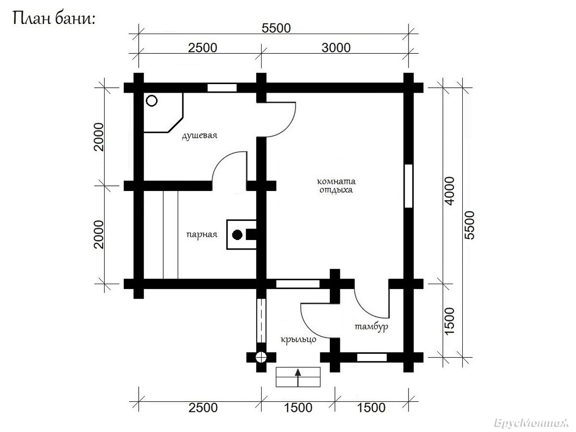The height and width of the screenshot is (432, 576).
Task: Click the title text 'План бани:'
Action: pos(54,19)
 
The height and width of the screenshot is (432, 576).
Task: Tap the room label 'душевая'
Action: pos(200,136)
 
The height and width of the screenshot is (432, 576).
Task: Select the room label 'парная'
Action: pos(202,234)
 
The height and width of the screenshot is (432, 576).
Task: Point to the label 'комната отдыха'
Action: pos(336,185)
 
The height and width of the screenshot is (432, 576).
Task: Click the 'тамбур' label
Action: pos(372,326)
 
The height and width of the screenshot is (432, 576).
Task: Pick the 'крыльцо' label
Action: pos(299,339)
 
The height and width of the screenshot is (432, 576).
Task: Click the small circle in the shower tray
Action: pos(151,101)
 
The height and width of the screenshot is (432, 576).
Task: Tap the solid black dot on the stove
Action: pos(237,235)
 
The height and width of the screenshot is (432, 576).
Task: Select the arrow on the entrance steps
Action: pos(298,377)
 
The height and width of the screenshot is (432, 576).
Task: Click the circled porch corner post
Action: pos(261,357)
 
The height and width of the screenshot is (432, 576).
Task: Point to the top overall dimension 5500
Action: pos(276,28)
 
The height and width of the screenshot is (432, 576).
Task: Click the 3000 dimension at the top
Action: pos(336,48)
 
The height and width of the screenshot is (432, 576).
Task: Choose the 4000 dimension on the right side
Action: pos(449,191)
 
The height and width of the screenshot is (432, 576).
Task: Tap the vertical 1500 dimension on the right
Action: pos(449,321)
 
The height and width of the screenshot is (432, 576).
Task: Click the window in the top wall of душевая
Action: pos(222,88)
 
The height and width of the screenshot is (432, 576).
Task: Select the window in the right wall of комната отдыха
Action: pos(408,186)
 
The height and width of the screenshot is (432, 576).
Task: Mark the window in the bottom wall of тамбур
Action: pos(372,357)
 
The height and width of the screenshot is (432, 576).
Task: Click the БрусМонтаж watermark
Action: pos(531,423)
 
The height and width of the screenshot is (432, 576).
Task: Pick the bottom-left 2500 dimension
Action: pos(203,408)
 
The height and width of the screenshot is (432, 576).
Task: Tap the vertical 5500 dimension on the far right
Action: pos(469,225)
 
